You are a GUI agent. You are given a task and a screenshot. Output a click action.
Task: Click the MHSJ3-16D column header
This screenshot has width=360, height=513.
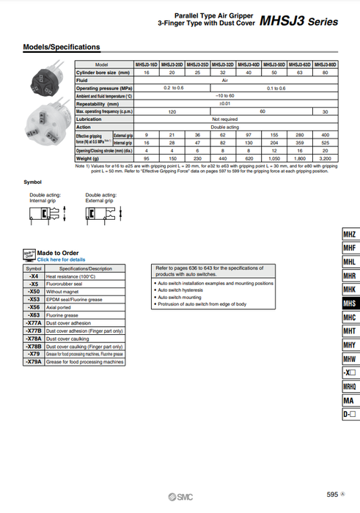point(147,65)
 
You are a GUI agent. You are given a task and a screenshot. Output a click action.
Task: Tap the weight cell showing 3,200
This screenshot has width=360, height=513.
point(326,158)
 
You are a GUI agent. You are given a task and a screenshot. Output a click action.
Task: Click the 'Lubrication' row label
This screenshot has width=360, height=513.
point(89,119)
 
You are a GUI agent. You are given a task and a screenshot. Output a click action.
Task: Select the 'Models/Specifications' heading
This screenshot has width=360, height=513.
point(62,48)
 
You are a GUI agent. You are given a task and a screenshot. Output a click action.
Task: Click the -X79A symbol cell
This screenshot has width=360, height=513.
point(34,361)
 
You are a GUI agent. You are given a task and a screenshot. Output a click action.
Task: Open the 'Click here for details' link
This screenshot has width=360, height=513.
point(62,259)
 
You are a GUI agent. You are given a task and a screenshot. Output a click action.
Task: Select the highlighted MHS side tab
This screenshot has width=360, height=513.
point(350,303)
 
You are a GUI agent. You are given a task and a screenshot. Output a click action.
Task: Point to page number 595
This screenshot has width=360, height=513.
point(332,495)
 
